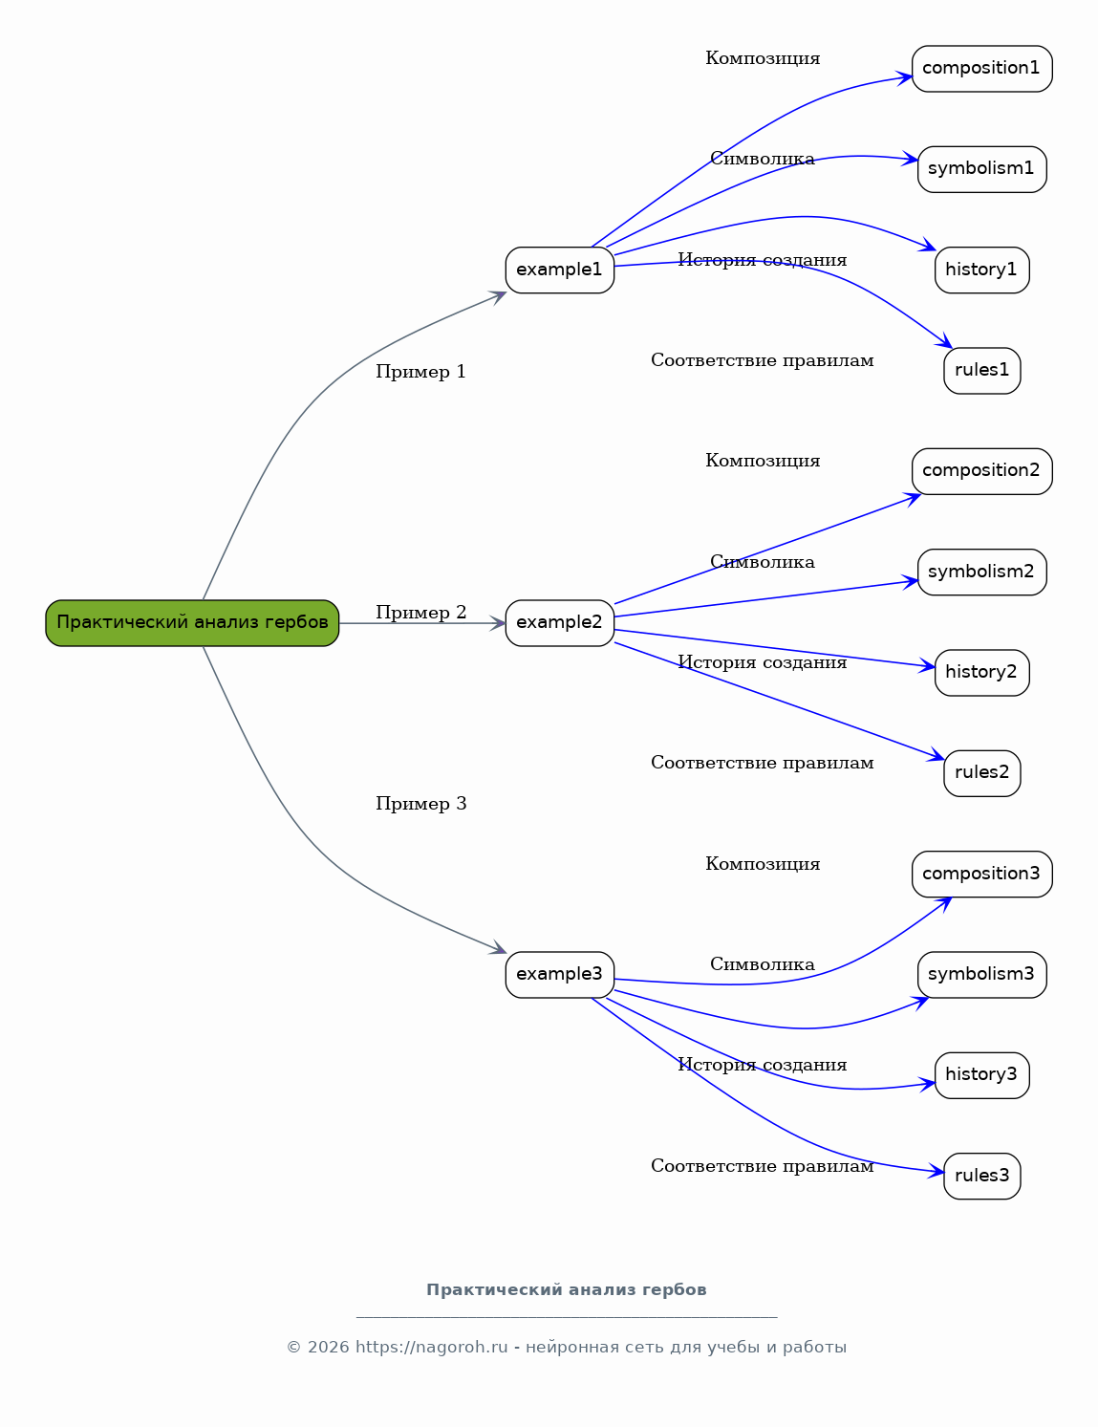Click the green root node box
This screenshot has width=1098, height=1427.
click(192, 622)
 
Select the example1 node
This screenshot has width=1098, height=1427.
click(560, 270)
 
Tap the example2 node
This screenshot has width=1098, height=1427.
click(560, 622)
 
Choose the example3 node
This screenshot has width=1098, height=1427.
click(560, 975)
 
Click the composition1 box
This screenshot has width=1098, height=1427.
click(981, 68)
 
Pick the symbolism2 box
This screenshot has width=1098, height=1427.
click(981, 572)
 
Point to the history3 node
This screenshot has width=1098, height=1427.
click(981, 1075)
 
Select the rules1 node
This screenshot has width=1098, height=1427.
click(981, 371)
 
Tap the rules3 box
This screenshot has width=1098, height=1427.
click(981, 1177)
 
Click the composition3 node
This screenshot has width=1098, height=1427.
click(981, 874)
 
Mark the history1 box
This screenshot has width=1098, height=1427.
click(981, 270)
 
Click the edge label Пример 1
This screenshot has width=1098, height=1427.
click(420, 372)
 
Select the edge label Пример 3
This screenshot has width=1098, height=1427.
click(420, 804)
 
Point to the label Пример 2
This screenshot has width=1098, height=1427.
click(420, 612)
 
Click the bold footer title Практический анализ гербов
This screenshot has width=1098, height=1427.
click(567, 1289)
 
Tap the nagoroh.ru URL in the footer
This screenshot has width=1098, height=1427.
click(431, 1347)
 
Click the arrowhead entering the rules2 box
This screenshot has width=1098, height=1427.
click(936, 757)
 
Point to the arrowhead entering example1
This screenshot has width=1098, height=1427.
click(498, 297)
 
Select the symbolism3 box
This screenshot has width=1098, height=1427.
click(981, 975)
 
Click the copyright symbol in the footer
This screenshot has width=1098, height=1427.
click(293, 1348)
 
